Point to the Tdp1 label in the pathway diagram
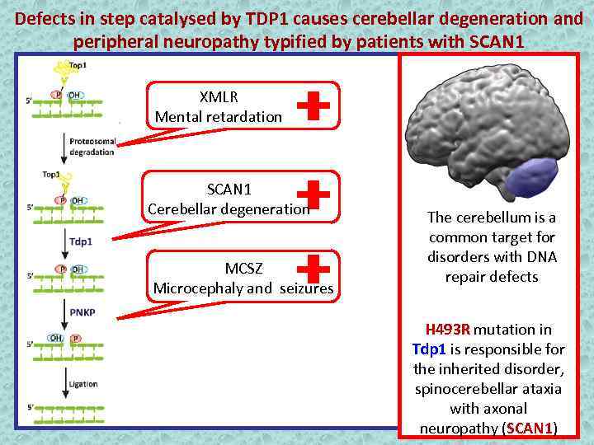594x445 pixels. [x=80, y=242]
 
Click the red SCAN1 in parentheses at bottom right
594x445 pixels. [x=529, y=428]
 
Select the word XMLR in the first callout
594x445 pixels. [x=219, y=96]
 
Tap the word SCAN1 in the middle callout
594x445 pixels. [x=229, y=190]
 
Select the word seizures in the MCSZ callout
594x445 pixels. [x=306, y=288]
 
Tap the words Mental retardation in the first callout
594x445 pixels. [x=219, y=116]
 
